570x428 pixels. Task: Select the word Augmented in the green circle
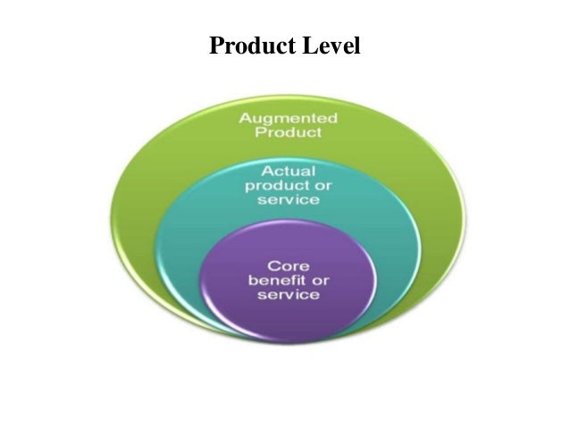286,118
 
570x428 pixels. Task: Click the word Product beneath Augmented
286,134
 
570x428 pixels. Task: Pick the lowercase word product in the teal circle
273,184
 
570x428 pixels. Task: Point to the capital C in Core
268,265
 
